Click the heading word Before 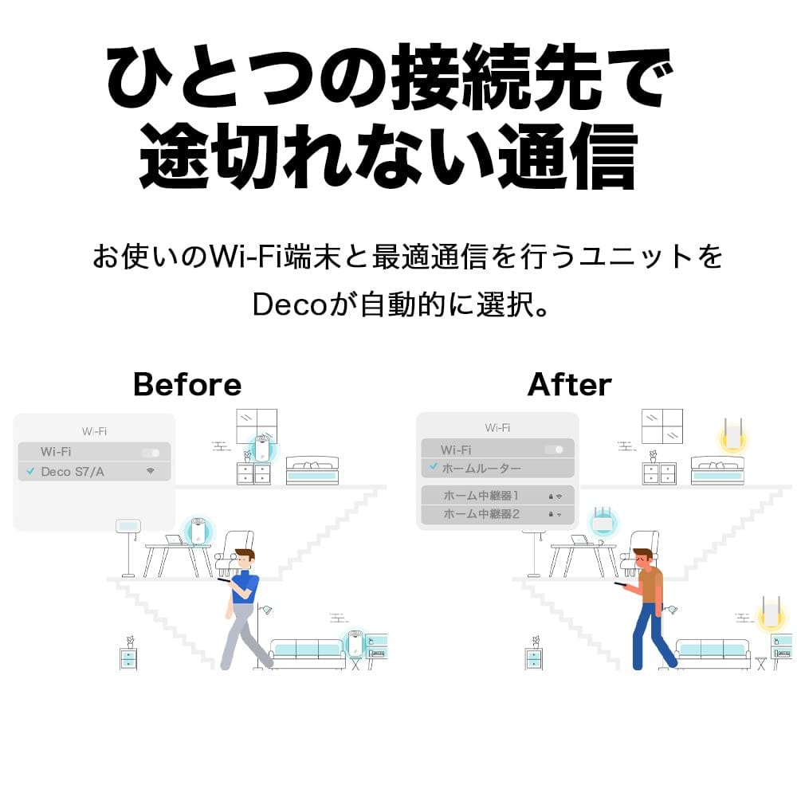pos(186,385)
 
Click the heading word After pos(569,385)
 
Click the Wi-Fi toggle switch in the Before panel pos(151,453)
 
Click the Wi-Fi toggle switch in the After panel pos(554,450)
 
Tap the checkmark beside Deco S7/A pos(30,472)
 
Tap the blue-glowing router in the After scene pos(603,522)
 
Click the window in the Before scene pos(257,429)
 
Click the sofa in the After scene pos(712,652)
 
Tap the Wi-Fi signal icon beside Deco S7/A pos(150,472)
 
